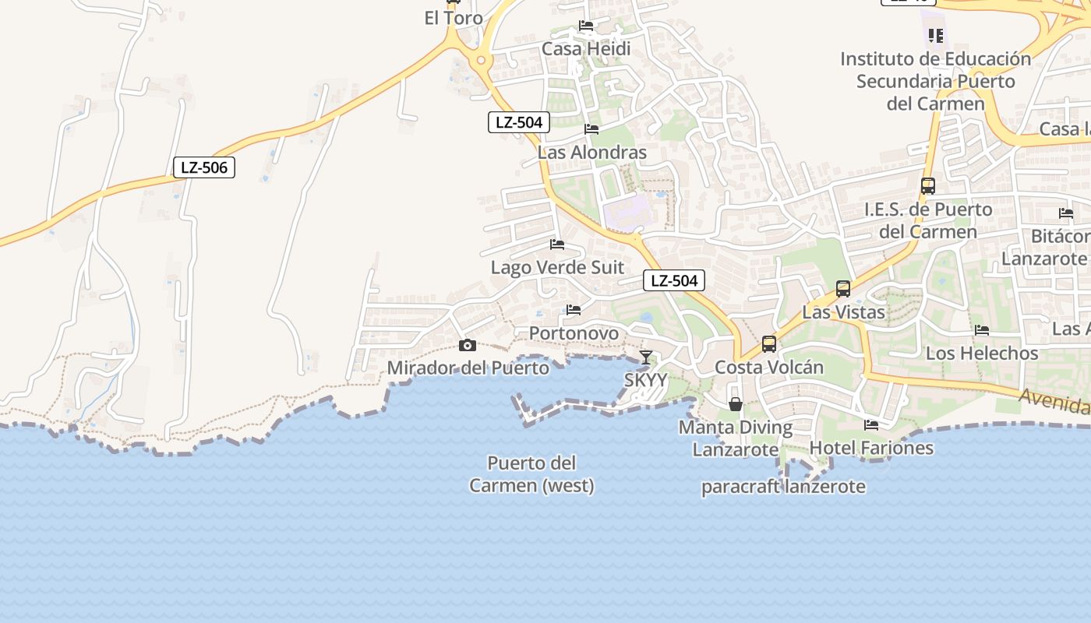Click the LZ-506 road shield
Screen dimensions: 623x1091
tap(203, 167)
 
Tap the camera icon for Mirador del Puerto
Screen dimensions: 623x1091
tap(468, 345)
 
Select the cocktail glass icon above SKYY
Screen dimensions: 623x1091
tap(646, 357)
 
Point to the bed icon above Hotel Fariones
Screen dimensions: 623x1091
tap(871, 425)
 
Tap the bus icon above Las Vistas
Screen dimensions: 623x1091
tap(842, 289)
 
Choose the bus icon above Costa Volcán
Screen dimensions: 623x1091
tap(769, 344)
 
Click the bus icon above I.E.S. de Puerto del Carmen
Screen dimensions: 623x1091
tap(927, 186)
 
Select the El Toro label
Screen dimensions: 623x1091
tap(454, 18)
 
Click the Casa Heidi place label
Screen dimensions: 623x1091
tap(586, 48)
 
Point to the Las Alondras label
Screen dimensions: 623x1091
tap(592, 152)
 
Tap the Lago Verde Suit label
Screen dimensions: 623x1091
tap(557, 267)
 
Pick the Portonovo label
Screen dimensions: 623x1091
tap(574, 333)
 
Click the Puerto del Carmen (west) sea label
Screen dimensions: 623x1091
tap(531, 474)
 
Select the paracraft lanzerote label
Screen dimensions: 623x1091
tap(783, 487)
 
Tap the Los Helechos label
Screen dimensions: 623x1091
tap(982, 353)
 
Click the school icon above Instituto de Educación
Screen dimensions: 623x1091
tap(936, 35)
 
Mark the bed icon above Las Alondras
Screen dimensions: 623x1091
tap(591, 129)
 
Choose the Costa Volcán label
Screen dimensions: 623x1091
tap(769, 367)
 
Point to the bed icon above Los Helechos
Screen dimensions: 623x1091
tap(982, 330)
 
